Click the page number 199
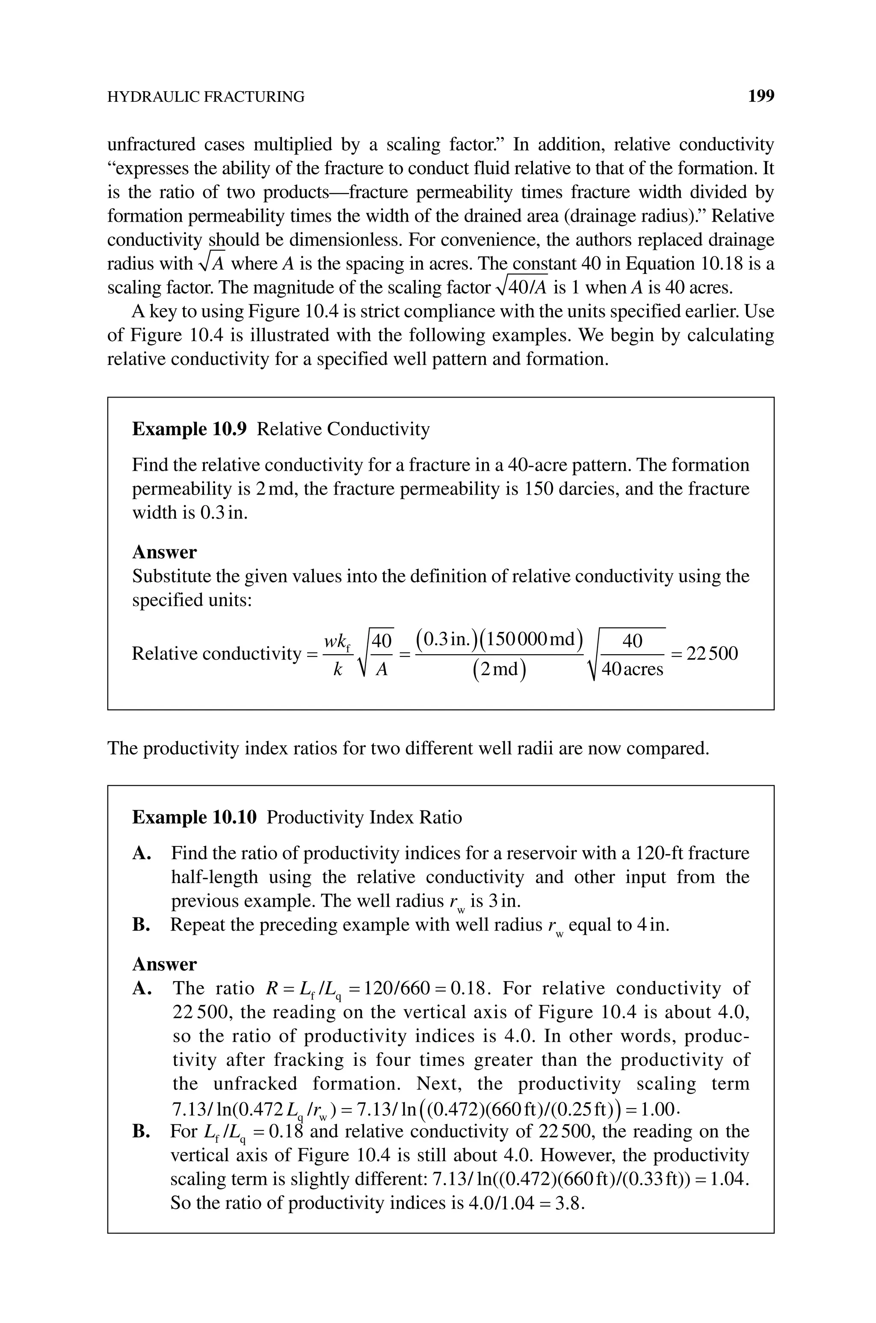tap(761, 97)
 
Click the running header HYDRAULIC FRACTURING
tap(206, 97)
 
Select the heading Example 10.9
tap(189, 429)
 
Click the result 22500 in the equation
tap(712, 653)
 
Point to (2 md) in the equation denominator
tap(499, 669)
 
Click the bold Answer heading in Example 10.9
tap(164, 552)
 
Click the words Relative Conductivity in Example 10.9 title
tap(343, 429)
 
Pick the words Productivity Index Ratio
tap(364, 817)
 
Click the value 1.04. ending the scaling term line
tap(730, 1179)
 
